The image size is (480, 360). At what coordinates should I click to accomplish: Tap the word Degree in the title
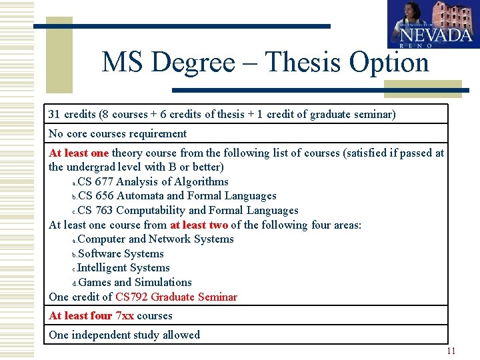pos(193,63)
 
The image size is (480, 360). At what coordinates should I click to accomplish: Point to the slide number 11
pos(451,351)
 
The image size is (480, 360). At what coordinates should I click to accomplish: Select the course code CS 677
pos(95,181)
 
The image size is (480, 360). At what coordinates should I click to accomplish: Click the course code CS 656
pos(95,196)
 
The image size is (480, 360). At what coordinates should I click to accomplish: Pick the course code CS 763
pos(95,211)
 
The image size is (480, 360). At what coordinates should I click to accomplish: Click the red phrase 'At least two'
pos(199,225)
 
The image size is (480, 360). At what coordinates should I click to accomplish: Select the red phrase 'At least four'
pos(80,315)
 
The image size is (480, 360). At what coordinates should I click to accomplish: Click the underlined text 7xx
pos(125,315)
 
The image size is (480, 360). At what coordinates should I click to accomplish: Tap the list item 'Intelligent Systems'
pos(123,268)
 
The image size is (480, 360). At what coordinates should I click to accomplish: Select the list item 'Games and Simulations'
pos(135,282)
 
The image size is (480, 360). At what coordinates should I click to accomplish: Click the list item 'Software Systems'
pos(121,253)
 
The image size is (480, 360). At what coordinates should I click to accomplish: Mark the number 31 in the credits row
pos(55,115)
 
